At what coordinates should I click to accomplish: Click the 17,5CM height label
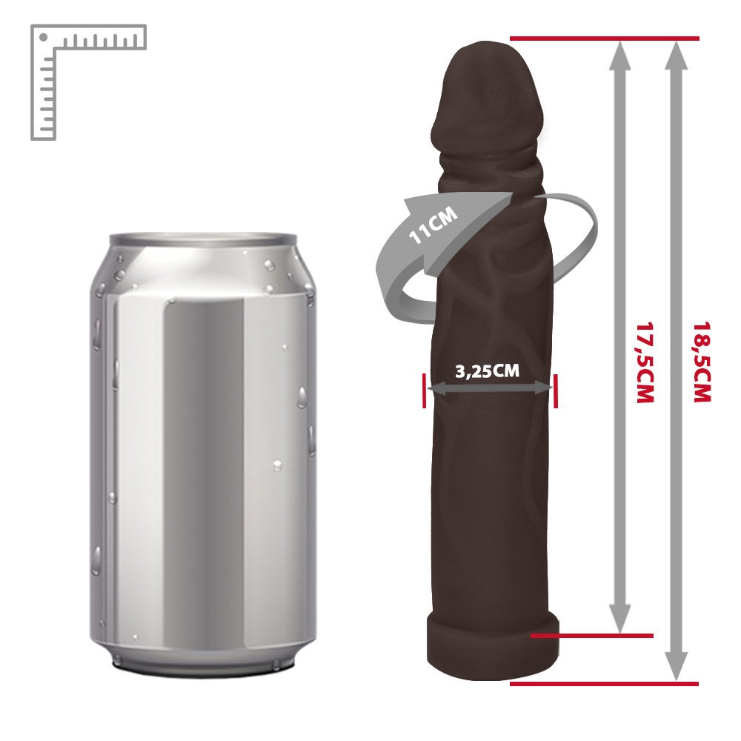[x=645, y=362]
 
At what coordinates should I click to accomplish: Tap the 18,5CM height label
[x=702, y=362]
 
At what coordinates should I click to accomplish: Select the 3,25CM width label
[x=488, y=371]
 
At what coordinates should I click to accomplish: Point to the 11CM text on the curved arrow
[x=433, y=225]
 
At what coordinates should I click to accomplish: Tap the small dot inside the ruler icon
[x=44, y=37]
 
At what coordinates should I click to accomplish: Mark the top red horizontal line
[x=605, y=39]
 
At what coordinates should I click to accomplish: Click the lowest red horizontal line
[x=605, y=684]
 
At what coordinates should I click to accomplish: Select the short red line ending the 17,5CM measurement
[x=591, y=636]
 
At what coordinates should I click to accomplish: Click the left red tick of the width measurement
[x=425, y=391]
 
